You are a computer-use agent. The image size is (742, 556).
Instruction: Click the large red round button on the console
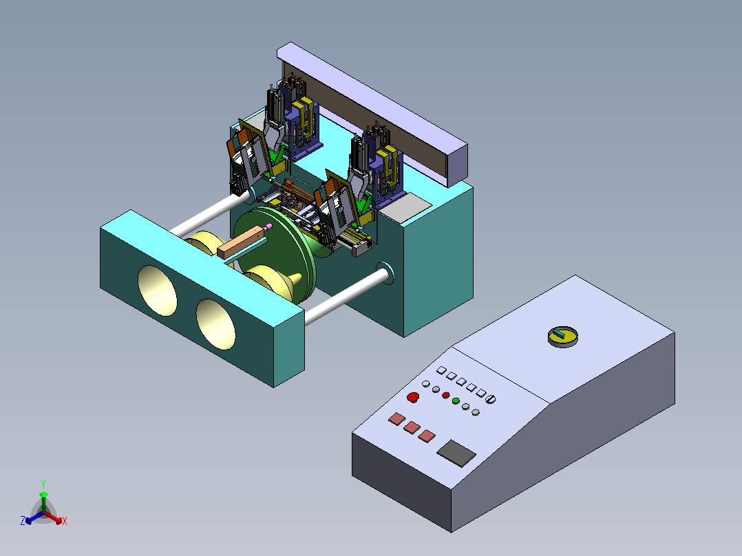coord(413,397)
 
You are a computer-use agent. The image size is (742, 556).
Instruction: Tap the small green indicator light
coord(456,400)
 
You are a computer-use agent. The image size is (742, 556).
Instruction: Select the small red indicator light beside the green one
coord(446,395)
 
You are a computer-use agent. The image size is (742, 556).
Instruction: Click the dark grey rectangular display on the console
coord(456,453)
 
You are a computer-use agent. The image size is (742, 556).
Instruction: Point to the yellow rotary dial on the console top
coord(563,336)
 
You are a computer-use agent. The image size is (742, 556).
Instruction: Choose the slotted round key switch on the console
coord(491,399)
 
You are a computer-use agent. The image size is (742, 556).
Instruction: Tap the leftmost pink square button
coord(396,419)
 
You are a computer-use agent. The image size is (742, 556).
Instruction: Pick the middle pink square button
coord(412,427)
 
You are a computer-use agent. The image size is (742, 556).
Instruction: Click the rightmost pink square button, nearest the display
coord(427,436)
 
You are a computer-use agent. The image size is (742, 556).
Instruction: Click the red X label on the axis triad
coord(65,521)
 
